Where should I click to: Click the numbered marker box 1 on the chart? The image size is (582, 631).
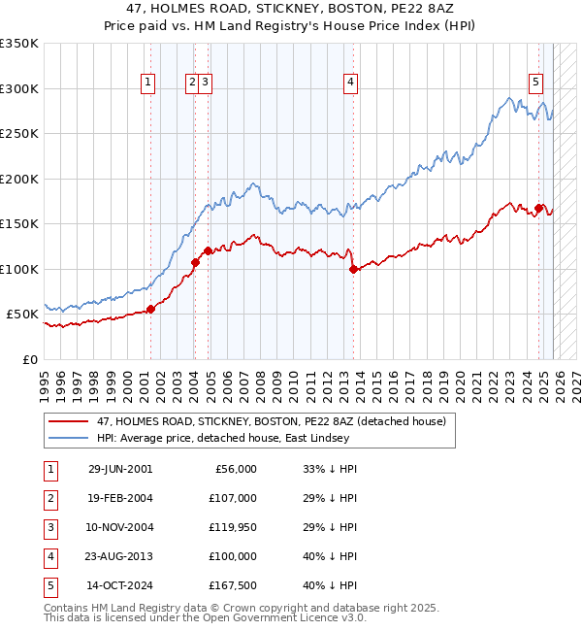click(148, 83)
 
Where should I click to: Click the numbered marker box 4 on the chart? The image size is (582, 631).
click(349, 83)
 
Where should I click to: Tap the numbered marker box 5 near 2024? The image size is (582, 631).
click(535, 83)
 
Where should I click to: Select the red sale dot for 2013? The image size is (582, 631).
click(353, 269)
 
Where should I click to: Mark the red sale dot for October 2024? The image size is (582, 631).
click(538, 208)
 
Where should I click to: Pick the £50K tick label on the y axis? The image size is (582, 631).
click(22, 315)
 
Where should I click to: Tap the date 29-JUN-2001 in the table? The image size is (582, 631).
click(120, 469)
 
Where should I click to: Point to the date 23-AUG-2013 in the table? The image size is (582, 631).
click(120, 556)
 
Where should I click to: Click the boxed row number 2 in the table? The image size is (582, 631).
click(50, 498)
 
